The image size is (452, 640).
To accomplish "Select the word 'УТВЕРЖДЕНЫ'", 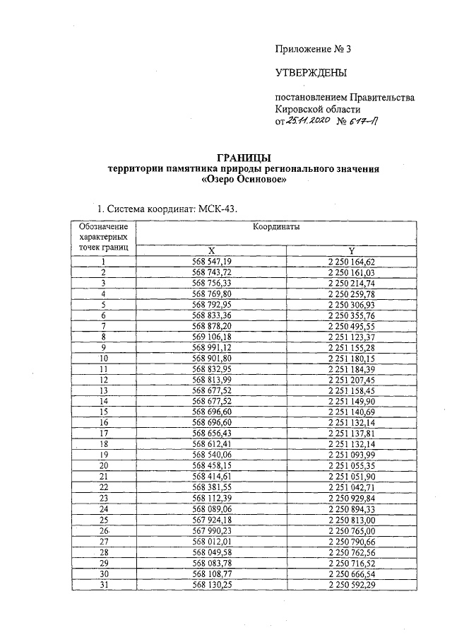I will pyautogui.click(x=311, y=72).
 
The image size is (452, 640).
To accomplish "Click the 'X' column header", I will pyautogui.click(x=211, y=250).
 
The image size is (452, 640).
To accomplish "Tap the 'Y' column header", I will pyautogui.click(x=350, y=250).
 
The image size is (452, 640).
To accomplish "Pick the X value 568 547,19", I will pyautogui.click(x=211, y=261).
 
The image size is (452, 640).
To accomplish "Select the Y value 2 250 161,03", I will pyautogui.click(x=350, y=272).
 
